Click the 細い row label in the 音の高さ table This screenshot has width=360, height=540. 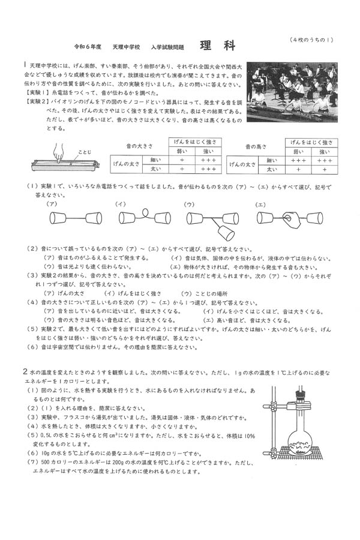[x=271, y=160]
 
